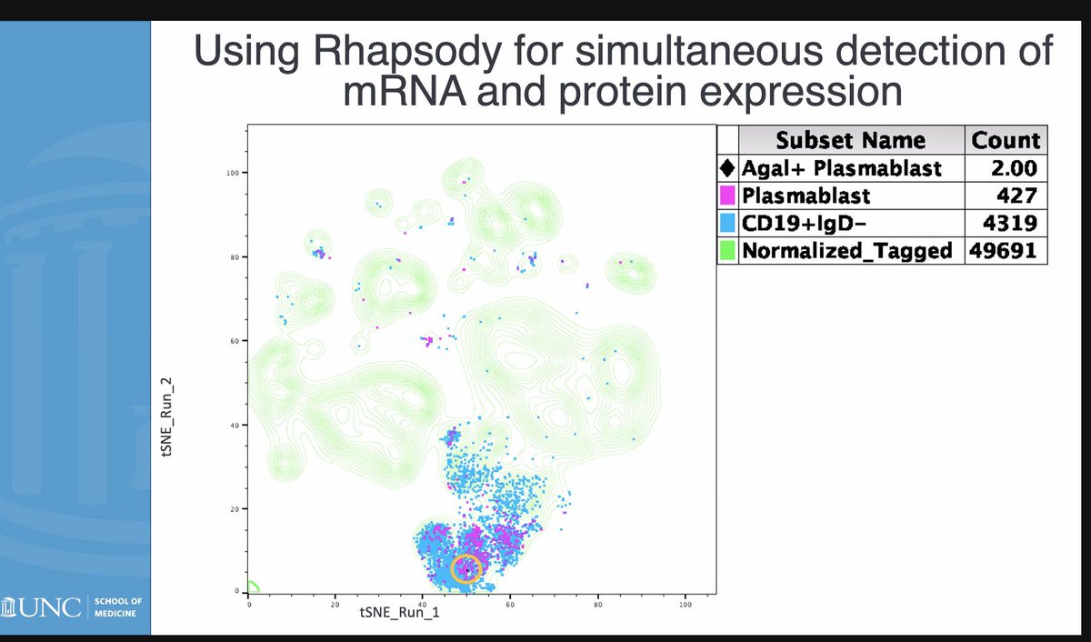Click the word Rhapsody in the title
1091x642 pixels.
(407, 52)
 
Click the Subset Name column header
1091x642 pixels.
(851, 140)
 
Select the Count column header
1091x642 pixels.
(1006, 140)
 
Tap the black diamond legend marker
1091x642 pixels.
(727, 168)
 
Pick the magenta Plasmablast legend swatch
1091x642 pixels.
(727, 196)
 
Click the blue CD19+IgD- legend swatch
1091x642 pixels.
(727, 223)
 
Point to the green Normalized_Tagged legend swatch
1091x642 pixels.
(727, 251)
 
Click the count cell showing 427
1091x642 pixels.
(1017, 196)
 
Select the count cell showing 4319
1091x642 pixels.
(1010, 223)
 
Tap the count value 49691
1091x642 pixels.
(1004, 251)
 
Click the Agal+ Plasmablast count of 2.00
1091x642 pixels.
(1014, 168)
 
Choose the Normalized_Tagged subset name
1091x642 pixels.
(847, 251)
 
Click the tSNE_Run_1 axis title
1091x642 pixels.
(399, 612)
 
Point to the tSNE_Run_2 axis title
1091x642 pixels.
(166, 417)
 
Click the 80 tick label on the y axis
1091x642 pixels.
(235, 257)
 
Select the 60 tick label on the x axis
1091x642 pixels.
(510, 605)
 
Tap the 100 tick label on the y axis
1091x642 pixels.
(233, 173)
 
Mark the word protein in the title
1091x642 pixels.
(624, 92)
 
